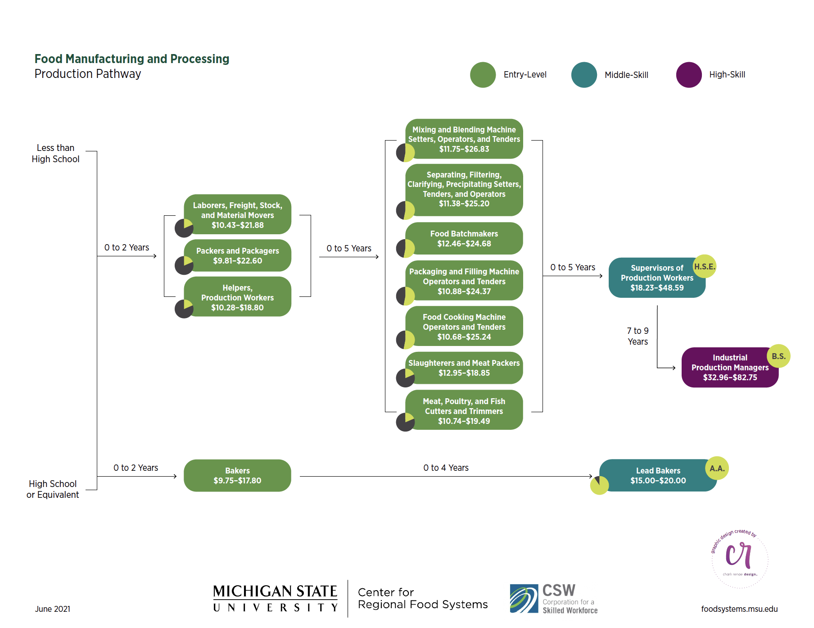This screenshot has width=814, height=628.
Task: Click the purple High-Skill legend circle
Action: [x=688, y=75]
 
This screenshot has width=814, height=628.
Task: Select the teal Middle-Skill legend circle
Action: [x=584, y=75]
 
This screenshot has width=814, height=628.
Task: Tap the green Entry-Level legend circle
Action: [x=483, y=75]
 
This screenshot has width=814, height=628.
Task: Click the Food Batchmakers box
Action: [x=464, y=239]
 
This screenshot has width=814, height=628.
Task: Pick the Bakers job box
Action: [x=237, y=475]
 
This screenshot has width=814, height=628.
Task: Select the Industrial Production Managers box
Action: [x=729, y=368]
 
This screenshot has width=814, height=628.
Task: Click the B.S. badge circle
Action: [x=778, y=356]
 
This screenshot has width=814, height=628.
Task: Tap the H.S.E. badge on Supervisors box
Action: [x=704, y=266]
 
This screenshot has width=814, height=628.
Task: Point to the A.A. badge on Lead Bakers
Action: [x=716, y=468]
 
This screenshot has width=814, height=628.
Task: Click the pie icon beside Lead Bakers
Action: [x=599, y=485]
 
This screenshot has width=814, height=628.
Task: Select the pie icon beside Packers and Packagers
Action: [x=184, y=265]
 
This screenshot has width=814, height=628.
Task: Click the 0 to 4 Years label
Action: [x=446, y=468]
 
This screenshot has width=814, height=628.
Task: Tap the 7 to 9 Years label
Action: [x=638, y=336]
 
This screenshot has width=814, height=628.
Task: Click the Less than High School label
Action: [x=55, y=153]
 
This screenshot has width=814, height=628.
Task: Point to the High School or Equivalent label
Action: [x=53, y=489]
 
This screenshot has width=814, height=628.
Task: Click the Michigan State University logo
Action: [x=275, y=598]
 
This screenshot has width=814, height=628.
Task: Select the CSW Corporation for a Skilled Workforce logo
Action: [x=553, y=598]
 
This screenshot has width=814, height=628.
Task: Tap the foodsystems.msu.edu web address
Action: [x=739, y=609]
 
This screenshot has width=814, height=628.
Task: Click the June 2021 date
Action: [x=53, y=609]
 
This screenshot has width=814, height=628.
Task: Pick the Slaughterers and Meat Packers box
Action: [x=464, y=368]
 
